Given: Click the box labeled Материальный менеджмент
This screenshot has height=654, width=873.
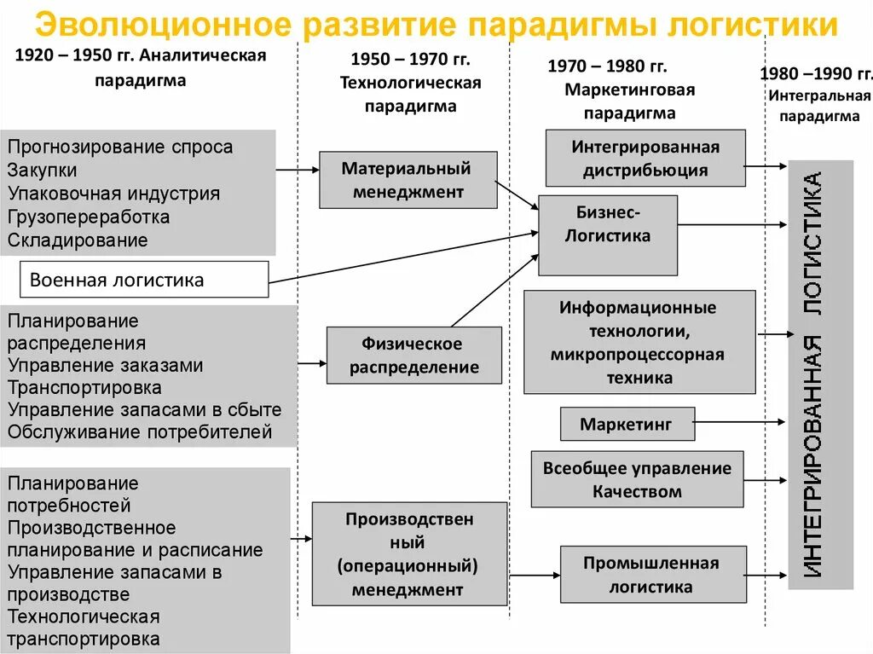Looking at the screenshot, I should pyautogui.click(x=408, y=180).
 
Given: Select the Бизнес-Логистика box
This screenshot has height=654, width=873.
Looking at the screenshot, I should pyautogui.click(x=607, y=234).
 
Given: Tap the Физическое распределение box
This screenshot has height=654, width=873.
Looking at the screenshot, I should pyautogui.click(x=414, y=356).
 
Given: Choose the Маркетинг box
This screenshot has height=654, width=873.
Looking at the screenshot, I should pyautogui.click(x=627, y=424).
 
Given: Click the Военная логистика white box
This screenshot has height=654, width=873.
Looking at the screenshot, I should pyautogui.click(x=143, y=279).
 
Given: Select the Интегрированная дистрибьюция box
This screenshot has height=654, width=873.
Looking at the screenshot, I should pyautogui.click(x=645, y=158).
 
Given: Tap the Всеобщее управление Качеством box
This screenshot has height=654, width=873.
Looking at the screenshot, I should pyautogui.click(x=637, y=479).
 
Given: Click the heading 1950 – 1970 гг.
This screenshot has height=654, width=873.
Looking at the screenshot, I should pyautogui.click(x=410, y=60).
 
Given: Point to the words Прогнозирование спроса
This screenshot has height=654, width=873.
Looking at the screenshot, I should pyautogui.click(x=119, y=147).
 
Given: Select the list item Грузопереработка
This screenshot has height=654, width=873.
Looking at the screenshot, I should pyautogui.click(x=89, y=217).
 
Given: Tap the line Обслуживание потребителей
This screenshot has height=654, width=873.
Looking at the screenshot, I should pyautogui.click(x=140, y=431).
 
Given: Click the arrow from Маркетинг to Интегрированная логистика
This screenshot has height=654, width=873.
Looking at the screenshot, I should pyautogui.click(x=740, y=421).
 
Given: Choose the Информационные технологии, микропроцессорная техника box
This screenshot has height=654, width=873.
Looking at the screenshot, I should pyautogui.click(x=639, y=342).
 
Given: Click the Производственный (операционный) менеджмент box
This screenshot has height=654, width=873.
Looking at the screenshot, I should pyautogui.click(x=408, y=553).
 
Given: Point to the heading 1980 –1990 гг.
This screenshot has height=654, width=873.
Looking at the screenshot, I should pyautogui.click(x=815, y=73).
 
